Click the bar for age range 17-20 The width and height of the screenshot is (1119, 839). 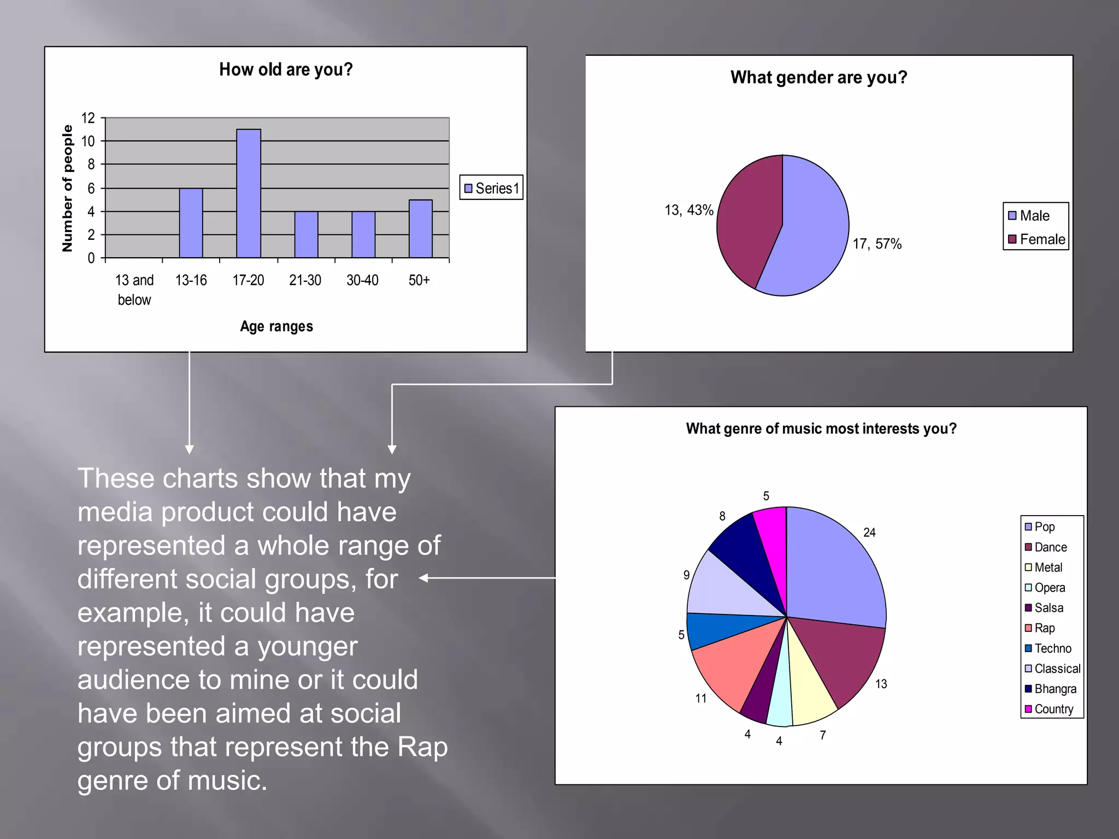pyautogui.click(x=249, y=193)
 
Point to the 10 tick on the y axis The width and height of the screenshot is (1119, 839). pyautogui.click(x=88, y=141)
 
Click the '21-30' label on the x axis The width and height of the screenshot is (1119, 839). pyautogui.click(x=305, y=280)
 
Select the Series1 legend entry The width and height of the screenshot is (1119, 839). pyautogui.click(x=491, y=188)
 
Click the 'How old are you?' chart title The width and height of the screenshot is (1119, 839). pyautogui.click(x=286, y=69)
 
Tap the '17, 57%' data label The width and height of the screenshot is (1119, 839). pyautogui.click(x=877, y=244)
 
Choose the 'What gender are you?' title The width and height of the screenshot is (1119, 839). pyautogui.click(x=818, y=78)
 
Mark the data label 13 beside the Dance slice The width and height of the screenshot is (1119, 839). pyautogui.click(x=881, y=684)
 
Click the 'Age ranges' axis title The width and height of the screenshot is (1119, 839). pyautogui.click(x=276, y=326)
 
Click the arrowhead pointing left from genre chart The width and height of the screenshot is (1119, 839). pyautogui.click(x=423, y=578)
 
